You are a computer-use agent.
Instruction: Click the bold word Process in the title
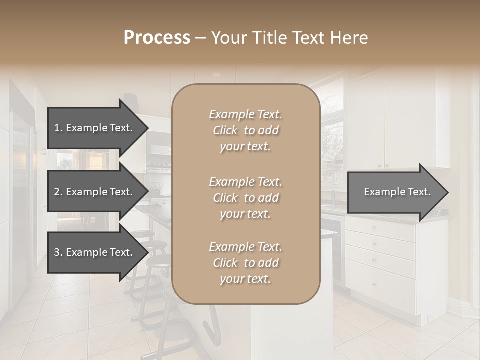pyautogui.click(x=157, y=38)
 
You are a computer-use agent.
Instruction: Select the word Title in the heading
pyautogui.click(x=269, y=38)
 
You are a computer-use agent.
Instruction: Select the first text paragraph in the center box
pyautogui.click(x=245, y=130)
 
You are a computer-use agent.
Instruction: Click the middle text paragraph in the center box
pyautogui.click(x=245, y=198)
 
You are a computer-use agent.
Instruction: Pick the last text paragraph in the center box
pyautogui.click(x=245, y=263)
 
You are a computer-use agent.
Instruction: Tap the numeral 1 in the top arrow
pyautogui.click(x=57, y=128)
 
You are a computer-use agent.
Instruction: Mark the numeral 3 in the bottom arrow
pyautogui.click(x=57, y=252)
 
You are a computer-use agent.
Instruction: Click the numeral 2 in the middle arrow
pyautogui.click(x=57, y=192)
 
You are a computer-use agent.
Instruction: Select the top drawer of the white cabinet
pyautogui.click(x=380, y=228)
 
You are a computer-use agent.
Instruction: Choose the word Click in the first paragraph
pyautogui.click(x=226, y=131)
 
